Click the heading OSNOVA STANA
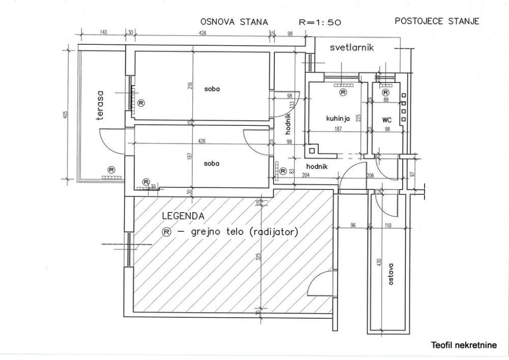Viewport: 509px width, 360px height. coord(234,22)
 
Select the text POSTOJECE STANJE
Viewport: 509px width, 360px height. coord(437,21)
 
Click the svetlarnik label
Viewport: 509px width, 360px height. coord(352,47)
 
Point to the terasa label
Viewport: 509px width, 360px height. coord(100,105)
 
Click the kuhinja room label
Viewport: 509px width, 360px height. coord(337,118)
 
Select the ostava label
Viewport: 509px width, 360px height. coord(391,273)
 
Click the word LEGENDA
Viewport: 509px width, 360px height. coord(183,216)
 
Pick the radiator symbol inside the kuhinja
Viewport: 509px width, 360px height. coord(343,92)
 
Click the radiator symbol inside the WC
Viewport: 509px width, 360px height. coord(385,93)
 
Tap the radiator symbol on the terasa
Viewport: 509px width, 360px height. coord(111,170)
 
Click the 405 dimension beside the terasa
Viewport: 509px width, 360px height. coord(65,116)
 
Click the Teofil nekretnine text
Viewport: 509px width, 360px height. coord(463,345)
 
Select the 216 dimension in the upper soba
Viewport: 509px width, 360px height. coord(190,85)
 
